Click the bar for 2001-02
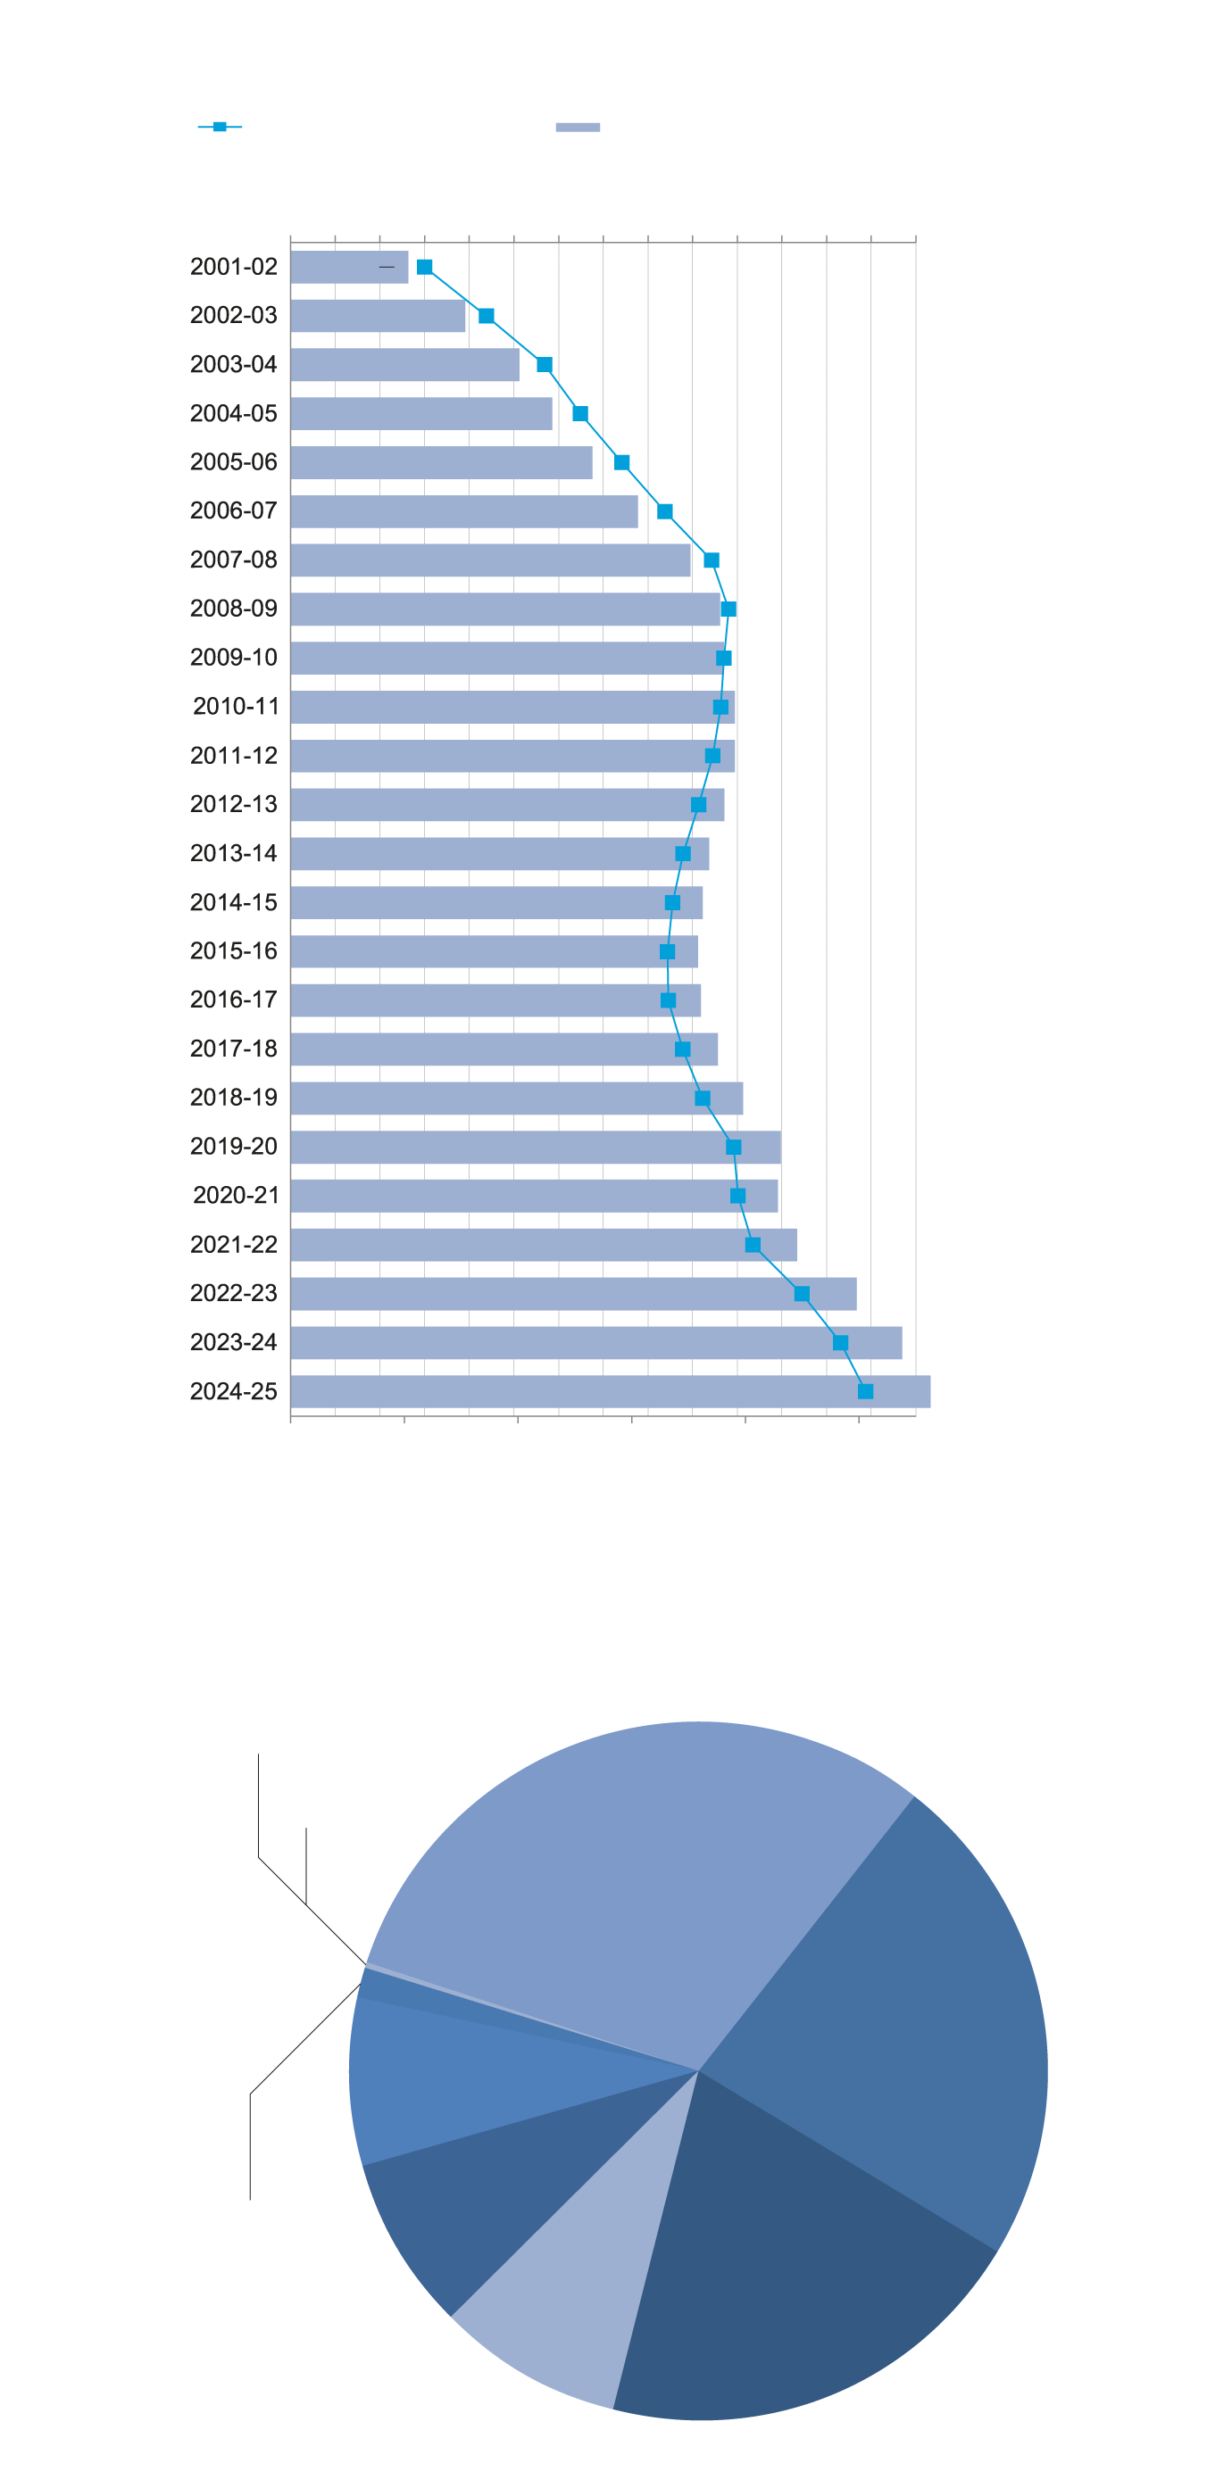click(x=348, y=268)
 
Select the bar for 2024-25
click(x=609, y=1392)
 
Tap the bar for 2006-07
click(x=464, y=512)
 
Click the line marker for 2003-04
click(x=545, y=365)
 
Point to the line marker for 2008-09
click(x=728, y=610)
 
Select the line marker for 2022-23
click(x=802, y=1294)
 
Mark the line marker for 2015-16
click(x=668, y=952)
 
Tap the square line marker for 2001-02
click(x=424, y=267)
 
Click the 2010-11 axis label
click(x=236, y=707)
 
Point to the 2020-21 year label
click(x=236, y=1196)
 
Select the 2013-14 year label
click(x=234, y=854)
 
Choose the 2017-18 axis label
click(x=234, y=1049)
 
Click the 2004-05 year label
click(x=234, y=413)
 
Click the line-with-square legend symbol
click(x=221, y=127)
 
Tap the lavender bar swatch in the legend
click(x=578, y=128)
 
